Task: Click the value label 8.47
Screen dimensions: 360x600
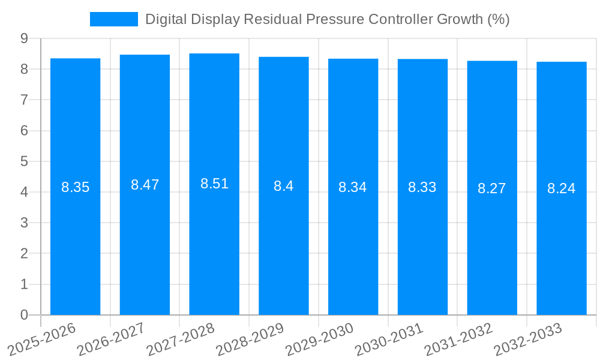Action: coord(145,185)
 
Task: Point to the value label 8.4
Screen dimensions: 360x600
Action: coord(283,186)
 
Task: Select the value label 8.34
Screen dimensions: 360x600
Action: coord(353,187)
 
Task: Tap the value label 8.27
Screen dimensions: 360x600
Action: coord(492,188)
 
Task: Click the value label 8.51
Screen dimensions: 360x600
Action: coord(214,184)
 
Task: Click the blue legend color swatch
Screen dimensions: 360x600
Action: coord(114,19)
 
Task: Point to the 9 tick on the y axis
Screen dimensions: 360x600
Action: coord(24,38)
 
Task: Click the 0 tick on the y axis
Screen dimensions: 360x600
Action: coord(24,315)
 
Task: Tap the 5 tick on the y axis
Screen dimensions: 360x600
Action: coord(24,161)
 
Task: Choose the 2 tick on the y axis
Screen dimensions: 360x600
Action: coord(24,254)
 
